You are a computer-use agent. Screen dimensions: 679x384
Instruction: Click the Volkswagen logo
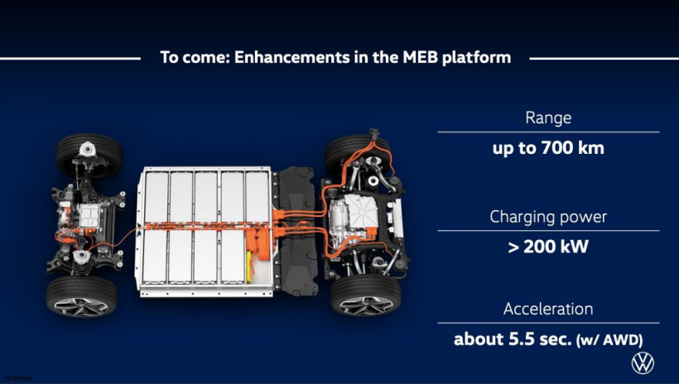coord(643,362)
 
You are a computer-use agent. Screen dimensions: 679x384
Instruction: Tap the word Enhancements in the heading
coord(291,57)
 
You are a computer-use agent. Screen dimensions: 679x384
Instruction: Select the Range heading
coord(548,118)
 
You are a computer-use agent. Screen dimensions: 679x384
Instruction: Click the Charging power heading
coord(548,217)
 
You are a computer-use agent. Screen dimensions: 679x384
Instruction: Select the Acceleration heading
coord(548,310)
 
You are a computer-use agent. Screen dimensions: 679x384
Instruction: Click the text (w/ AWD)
coord(609,340)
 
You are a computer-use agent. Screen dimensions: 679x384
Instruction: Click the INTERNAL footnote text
coord(18,378)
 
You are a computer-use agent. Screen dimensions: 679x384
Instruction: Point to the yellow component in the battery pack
coord(249,266)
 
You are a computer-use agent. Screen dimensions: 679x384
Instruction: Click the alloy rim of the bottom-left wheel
coord(81,306)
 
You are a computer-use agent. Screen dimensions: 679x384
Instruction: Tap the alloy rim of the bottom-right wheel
coord(366,305)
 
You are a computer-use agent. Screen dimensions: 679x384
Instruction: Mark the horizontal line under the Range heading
coord(548,132)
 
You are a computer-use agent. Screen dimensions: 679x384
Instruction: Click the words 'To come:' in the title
coord(195,57)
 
